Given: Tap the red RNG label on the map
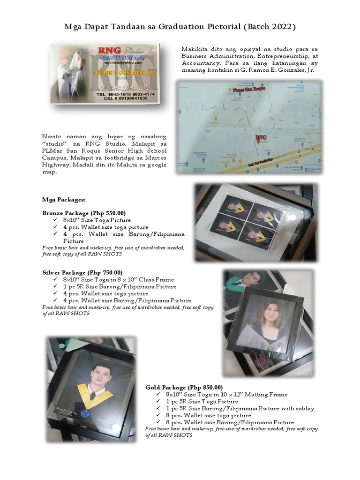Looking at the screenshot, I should (x=261, y=137).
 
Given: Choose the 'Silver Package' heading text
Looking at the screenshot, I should (x=64, y=272).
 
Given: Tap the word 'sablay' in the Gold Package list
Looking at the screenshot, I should (x=305, y=408).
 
